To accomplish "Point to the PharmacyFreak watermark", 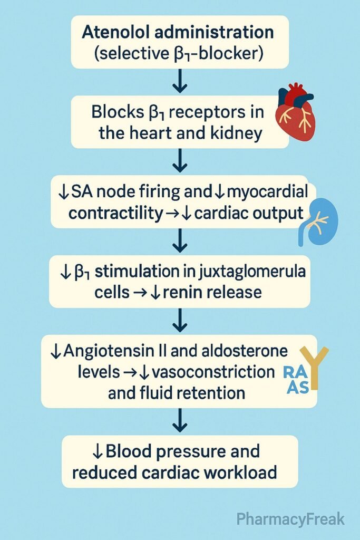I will (290, 519).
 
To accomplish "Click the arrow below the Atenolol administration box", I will (180, 82).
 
